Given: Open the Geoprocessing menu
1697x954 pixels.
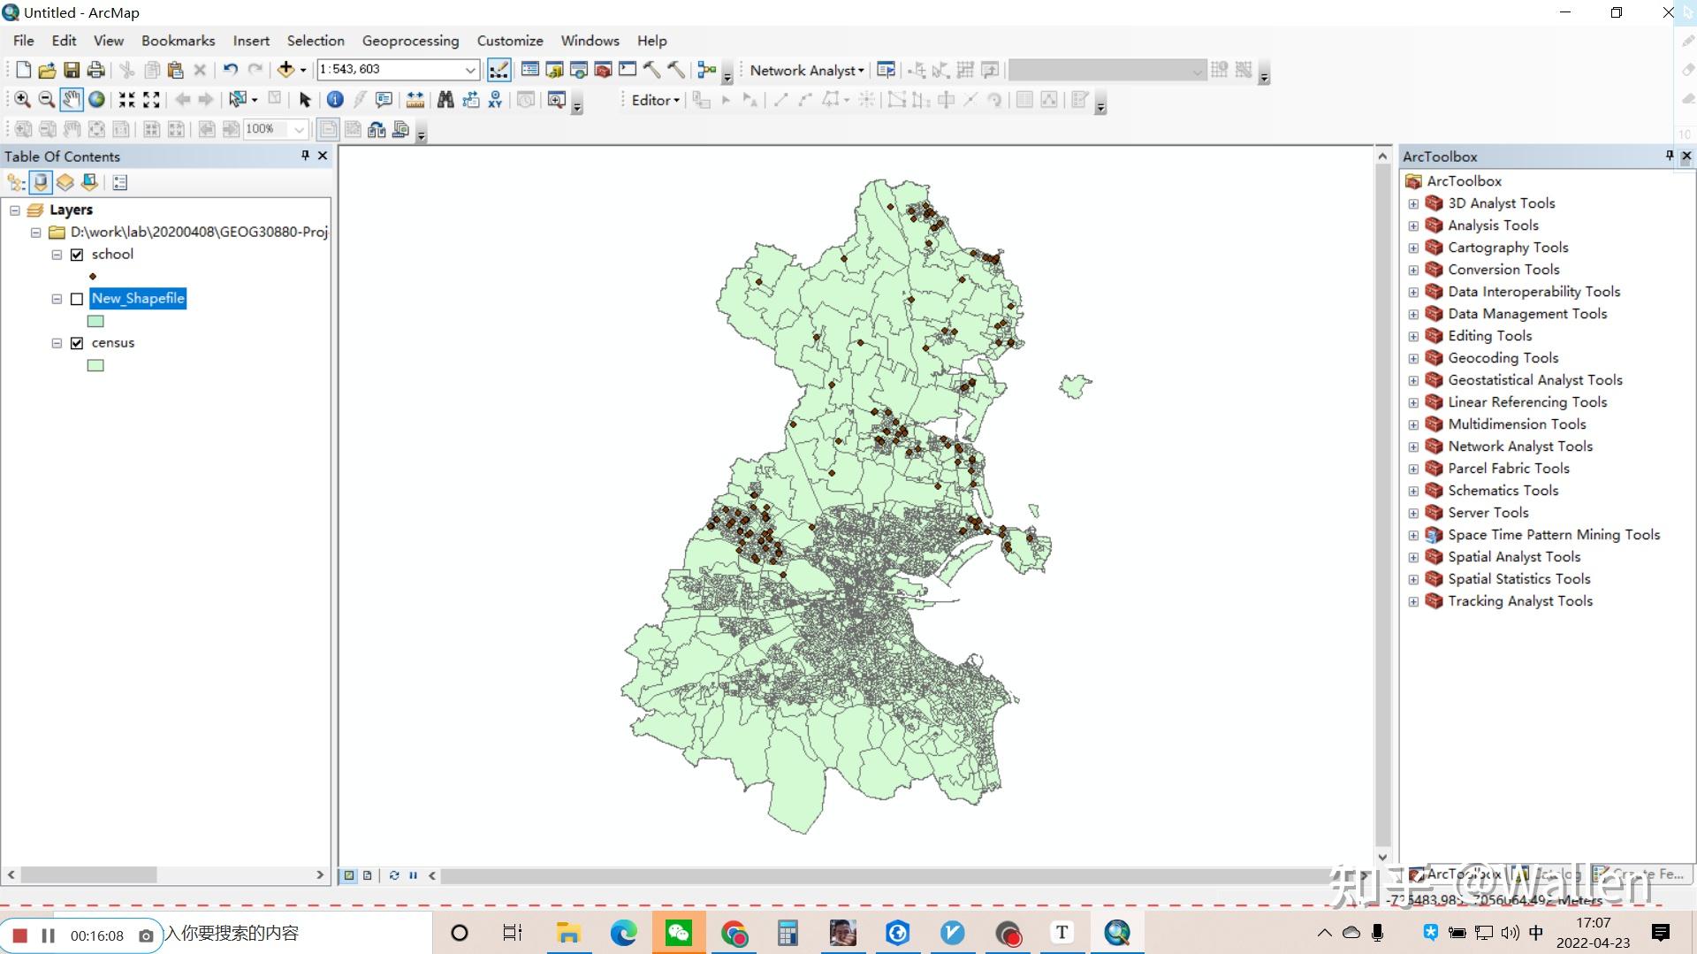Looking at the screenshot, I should (410, 41).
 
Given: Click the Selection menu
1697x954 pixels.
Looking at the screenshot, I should (316, 41).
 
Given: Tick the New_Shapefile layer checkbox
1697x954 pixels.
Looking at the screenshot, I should (77, 299).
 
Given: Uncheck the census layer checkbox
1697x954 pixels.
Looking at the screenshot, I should (77, 343).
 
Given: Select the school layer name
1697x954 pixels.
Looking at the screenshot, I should (112, 255).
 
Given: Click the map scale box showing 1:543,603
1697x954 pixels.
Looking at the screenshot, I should (389, 69).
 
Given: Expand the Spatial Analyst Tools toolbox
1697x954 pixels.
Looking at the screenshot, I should (1413, 557).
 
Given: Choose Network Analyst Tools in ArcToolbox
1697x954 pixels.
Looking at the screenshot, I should (1519, 446).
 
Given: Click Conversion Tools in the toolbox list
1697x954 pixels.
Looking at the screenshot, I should (1503, 270).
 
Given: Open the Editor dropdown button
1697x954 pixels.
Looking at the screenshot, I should (655, 101).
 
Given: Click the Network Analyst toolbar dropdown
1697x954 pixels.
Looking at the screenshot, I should (806, 71).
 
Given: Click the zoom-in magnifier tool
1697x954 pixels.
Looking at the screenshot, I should (22, 100).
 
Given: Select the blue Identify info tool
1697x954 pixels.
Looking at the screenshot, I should (335, 100).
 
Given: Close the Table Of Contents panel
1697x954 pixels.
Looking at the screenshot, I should (323, 156).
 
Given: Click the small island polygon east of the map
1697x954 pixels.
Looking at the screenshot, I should (1075, 385).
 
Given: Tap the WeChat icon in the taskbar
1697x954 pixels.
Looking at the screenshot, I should (678, 933).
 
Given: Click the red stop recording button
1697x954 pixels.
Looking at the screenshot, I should (20, 935).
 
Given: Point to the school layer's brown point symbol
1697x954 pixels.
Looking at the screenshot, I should (93, 277).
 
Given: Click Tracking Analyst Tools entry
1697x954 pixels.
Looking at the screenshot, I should (1519, 601).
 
